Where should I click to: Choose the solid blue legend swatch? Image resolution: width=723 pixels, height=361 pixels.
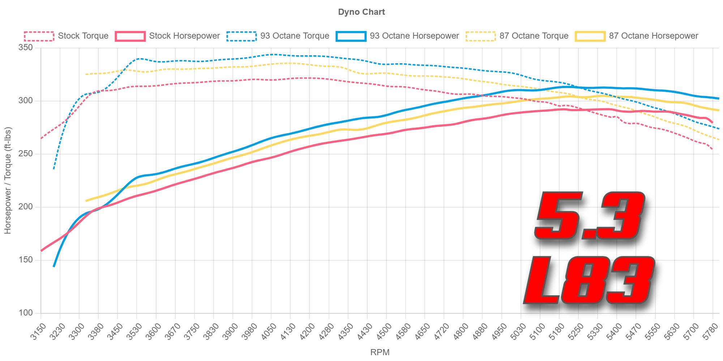pyautogui.click(x=351, y=36)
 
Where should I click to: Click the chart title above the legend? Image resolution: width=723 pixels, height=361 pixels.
pyautogui.click(x=363, y=13)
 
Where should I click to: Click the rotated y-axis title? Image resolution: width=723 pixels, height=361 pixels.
pyautogui.click(x=7, y=180)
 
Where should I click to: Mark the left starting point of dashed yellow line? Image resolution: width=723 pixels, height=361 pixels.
pyautogui.click(x=85, y=74)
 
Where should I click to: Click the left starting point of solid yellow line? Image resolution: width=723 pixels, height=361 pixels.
pyautogui.click(x=85, y=200)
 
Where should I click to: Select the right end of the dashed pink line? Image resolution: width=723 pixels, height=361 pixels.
pyautogui.click(x=712, y=149)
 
